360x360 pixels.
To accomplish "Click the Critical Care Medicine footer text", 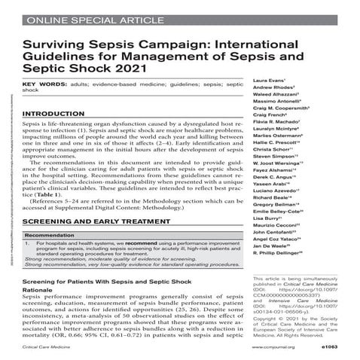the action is coord(44,349).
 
